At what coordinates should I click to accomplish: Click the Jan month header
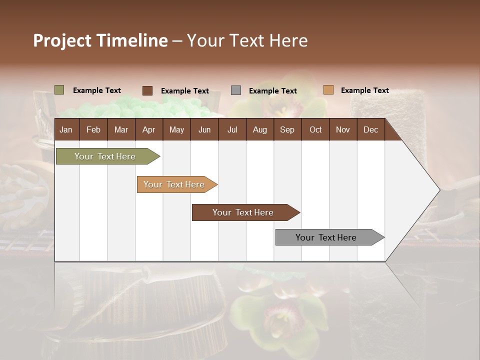(x=66, y=130)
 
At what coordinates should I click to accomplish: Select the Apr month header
(x=148, y=130)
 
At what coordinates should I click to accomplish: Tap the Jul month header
(x=232, y=130)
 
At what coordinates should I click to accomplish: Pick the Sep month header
(x=287, y=130)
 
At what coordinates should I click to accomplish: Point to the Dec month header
(x=370, y=130)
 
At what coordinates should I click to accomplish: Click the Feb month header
(x=93, y=130)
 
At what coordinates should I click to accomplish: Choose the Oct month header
(x=315, y=130)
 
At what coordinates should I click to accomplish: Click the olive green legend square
(x=59, y=90)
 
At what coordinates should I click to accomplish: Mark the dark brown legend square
(x=147, y=90)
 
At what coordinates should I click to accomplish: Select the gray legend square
(x=236, y=90)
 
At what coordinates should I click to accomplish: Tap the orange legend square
(x=328, y=90)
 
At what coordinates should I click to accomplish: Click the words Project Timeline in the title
(x=100, y=40)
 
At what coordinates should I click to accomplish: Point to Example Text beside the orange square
(x=364, y=90)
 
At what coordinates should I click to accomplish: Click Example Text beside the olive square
(x=97, y=90)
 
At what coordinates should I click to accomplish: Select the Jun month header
(x=204, y=130)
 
